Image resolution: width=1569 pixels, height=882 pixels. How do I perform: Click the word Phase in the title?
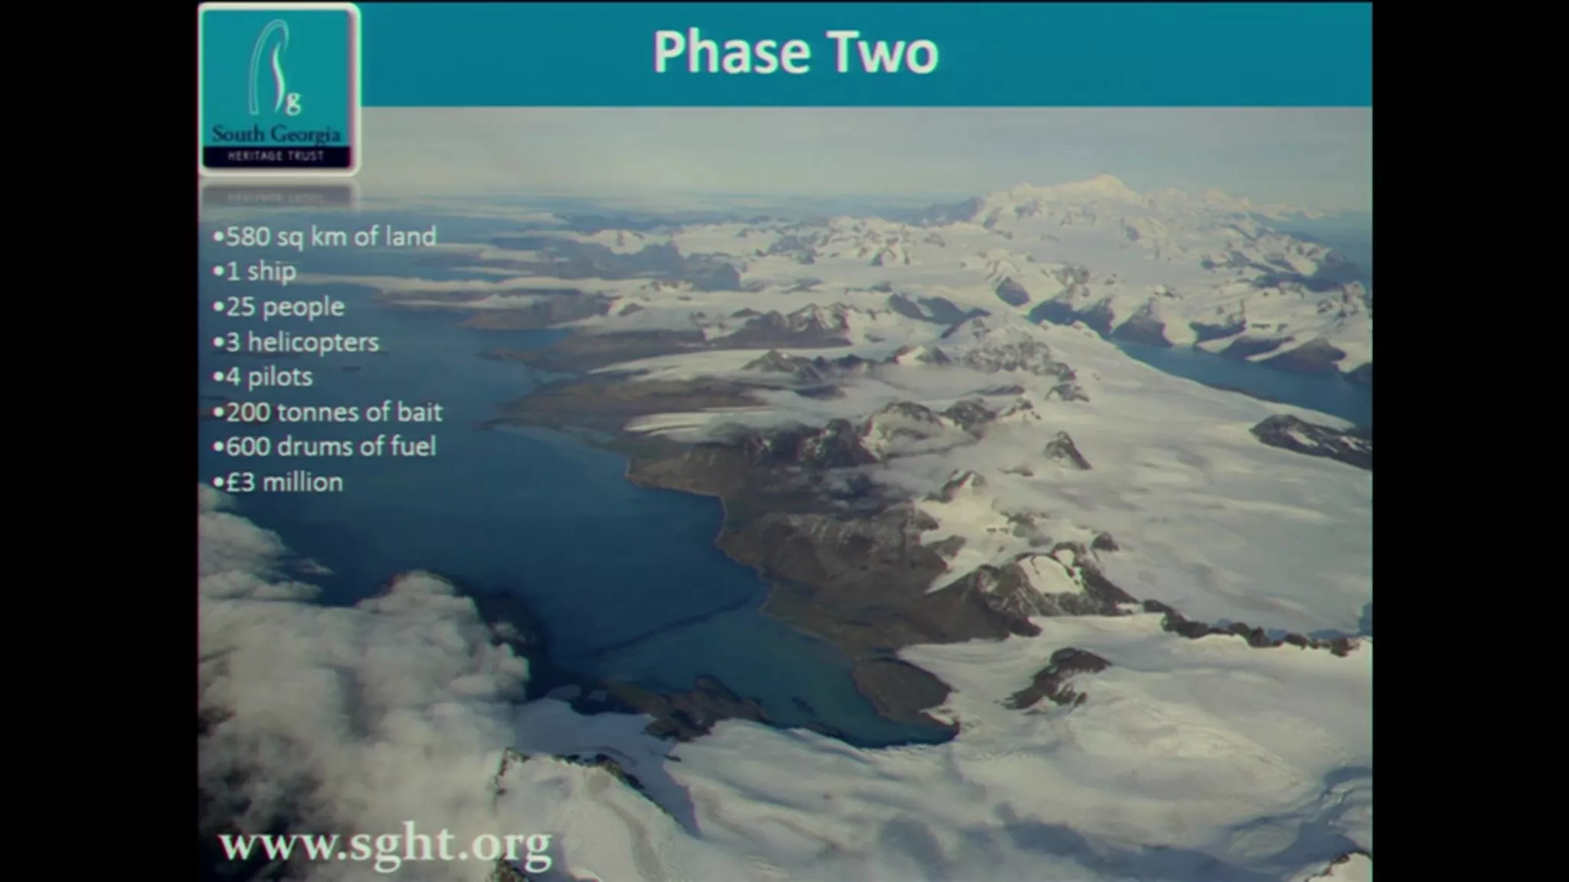[731, 52]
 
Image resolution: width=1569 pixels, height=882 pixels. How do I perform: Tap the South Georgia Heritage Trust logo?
[279, 90]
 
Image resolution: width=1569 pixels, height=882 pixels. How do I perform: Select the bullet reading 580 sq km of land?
[325, 237]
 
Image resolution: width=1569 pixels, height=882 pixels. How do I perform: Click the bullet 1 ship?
[255, 272]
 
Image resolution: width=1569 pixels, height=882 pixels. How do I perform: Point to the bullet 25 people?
[279, 307]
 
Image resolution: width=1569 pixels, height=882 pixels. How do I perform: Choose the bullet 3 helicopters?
[296, 342]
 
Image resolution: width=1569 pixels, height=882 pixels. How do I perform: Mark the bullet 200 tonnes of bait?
[328, 412]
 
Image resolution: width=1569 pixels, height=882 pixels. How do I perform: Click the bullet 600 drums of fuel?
[325, 446]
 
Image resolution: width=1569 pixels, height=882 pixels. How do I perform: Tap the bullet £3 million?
[278, 482]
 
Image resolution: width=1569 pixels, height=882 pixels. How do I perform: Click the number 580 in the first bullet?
[247, 237]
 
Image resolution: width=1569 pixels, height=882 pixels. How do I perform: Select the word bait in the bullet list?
[419, 412]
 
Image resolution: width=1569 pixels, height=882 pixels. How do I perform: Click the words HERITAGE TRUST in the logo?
[277, 156]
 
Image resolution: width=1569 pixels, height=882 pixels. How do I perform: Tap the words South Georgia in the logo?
[277, 135]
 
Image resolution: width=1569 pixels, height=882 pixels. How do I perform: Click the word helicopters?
[313, 342]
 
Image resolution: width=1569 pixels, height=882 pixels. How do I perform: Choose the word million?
[303, 482]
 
